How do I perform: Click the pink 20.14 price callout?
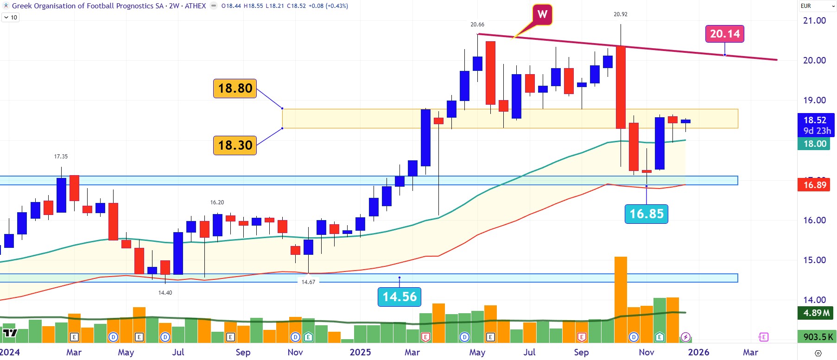[x=725, y=34]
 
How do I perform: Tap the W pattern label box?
[x=542, y=14]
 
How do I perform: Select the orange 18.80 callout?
[x=235, y=88]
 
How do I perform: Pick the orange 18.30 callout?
[x=235, y=145]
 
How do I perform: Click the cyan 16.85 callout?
[x=646, y=214]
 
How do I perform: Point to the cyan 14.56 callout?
[x=399, y=297]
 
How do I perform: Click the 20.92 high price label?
[x=620, y=14]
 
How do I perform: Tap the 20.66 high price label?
[x=477, y=25]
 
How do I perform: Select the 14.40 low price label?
[x=165, y=293]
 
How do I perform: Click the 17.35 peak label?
[x=61, y=157]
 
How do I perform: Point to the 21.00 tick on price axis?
[x=814, y=20]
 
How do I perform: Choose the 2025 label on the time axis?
[x=360, y=352]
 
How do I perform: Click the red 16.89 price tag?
[x=815, y=185]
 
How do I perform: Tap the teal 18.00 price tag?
[x=815, y=144]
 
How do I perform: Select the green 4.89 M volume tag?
[x=816, y=313]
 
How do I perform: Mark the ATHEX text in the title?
[x=195, y=6]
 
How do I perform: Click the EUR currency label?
[x=806, y=6]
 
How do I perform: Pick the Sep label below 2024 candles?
[x=243, y=352]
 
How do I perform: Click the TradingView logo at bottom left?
[x=10, y=333]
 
